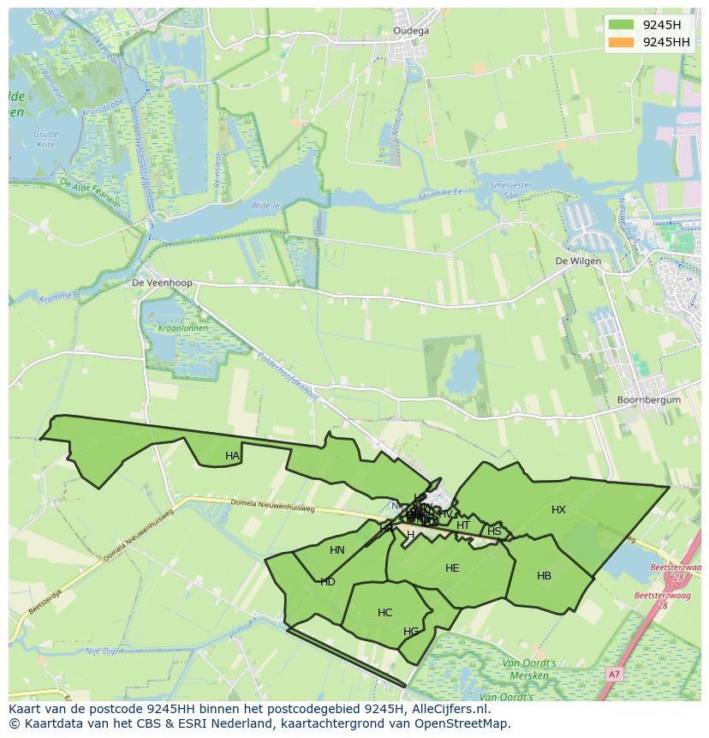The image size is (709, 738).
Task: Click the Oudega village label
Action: point(411,31)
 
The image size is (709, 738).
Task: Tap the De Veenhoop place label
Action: point(162,282)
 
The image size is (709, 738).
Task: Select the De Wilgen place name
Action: point(578,261)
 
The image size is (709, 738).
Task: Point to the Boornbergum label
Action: point(648,400)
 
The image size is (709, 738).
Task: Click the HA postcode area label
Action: point(232,456)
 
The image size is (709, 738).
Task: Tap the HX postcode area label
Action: point(558,510)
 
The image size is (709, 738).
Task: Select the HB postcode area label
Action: point(544,576)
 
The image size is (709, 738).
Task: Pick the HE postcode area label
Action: point(452,567)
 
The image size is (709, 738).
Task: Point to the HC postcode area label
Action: point(384,613)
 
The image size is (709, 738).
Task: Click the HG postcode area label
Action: point(411,632)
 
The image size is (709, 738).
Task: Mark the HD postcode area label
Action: point(327,582)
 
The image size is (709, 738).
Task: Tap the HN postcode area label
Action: point(337,550)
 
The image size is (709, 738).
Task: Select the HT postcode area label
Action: point(463,525)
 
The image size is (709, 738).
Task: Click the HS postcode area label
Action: point(494,531)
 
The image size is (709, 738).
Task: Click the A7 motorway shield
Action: point(613,675)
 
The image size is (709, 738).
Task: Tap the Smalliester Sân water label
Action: point(511,189)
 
